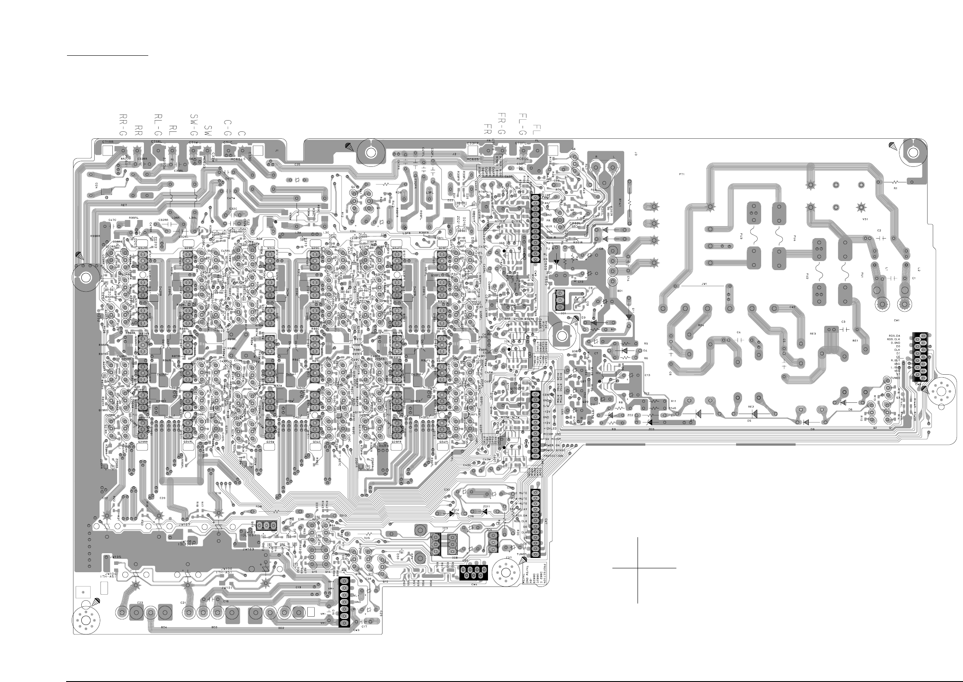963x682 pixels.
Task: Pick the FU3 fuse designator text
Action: coord(741,237)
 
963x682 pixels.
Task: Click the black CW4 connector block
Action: coord(474,573)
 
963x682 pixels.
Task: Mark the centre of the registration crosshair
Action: coord(638,568)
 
